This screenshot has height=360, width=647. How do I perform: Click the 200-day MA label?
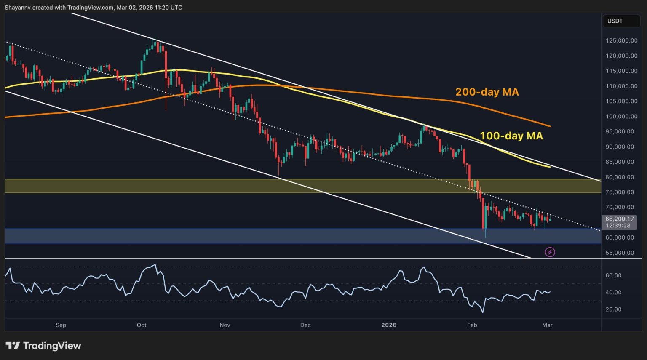tap(487, 92)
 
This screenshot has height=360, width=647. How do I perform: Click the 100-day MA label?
tap(511, 136)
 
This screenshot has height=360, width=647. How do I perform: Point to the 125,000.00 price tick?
tap(621, 41)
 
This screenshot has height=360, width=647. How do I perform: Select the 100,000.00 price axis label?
tap(621, 117)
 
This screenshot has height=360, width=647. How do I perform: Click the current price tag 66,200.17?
tap(620, 219)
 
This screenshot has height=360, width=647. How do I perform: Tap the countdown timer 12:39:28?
tap(618, 226)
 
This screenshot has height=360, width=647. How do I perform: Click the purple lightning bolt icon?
tap(550, 252)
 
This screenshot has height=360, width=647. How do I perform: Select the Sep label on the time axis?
tap(61, 325)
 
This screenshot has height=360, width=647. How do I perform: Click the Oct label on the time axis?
tap(142, 325)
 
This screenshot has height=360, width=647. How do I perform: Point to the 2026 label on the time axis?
tap(388, 325)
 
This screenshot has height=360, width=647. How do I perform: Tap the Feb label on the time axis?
tap(472, 325)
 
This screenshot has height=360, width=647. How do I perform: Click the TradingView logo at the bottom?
tap(43, 346)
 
